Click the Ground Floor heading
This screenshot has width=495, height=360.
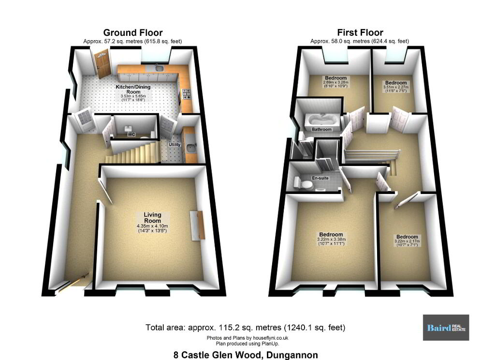pyautogui.click(x=133, y=32)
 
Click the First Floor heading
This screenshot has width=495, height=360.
pyautogui.click(x=360, y=32)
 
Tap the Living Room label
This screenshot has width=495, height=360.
pyautogui.click(x=152, y=218)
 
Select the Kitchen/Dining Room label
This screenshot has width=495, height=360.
pyautogui.click(x=133, y=89)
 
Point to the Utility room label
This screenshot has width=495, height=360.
pyautogui.click(x=175, y=145)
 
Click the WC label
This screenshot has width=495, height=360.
pyautogui.click(x=131, y=135)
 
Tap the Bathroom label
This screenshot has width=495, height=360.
pyautogui.click(x=321, y=129)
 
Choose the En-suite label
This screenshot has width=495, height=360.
pyautogui.click(x=320, y=178)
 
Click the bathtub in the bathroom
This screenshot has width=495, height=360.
pyautogui.click(x=322, y=120)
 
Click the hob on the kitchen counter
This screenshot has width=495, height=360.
pyautogui.click(x=187, y=94)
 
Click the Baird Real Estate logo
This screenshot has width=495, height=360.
pyautogui.click(x=446, y=328)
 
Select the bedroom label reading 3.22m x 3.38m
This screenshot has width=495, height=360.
pyautogui.click(x=331, y=239)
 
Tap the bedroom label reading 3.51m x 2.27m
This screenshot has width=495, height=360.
pyautogui.click(x=396, y=87)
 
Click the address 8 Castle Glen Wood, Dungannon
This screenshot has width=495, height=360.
pyautogui.click(x=246, y=355)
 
